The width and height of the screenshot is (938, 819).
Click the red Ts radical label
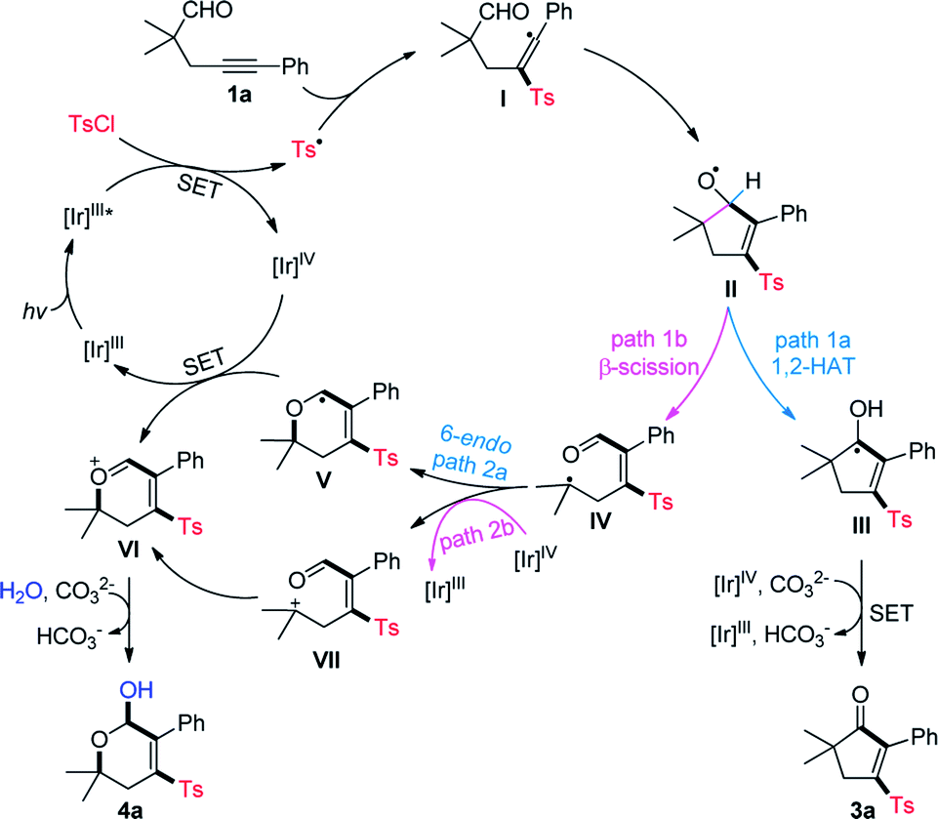click(x=308, y=146)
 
